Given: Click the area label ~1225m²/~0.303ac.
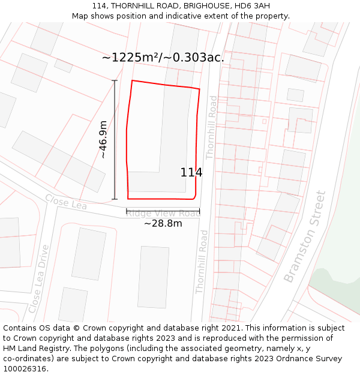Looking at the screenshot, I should [163, 58].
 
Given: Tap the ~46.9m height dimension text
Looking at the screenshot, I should [103, 139].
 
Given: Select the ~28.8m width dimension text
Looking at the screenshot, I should [163, 223].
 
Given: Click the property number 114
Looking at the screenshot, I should [191, 173].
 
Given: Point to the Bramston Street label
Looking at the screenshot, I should [305, 237].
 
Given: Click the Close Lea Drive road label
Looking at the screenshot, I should [38, 278].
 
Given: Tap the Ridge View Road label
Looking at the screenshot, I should [163, 213].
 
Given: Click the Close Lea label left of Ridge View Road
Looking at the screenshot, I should [65, 202].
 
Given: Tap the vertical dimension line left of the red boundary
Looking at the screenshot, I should [115, 139].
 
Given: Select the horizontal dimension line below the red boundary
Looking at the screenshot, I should [163, 211].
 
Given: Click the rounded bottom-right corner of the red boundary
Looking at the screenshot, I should [194, 196].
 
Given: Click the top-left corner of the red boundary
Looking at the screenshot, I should [132, 80].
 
